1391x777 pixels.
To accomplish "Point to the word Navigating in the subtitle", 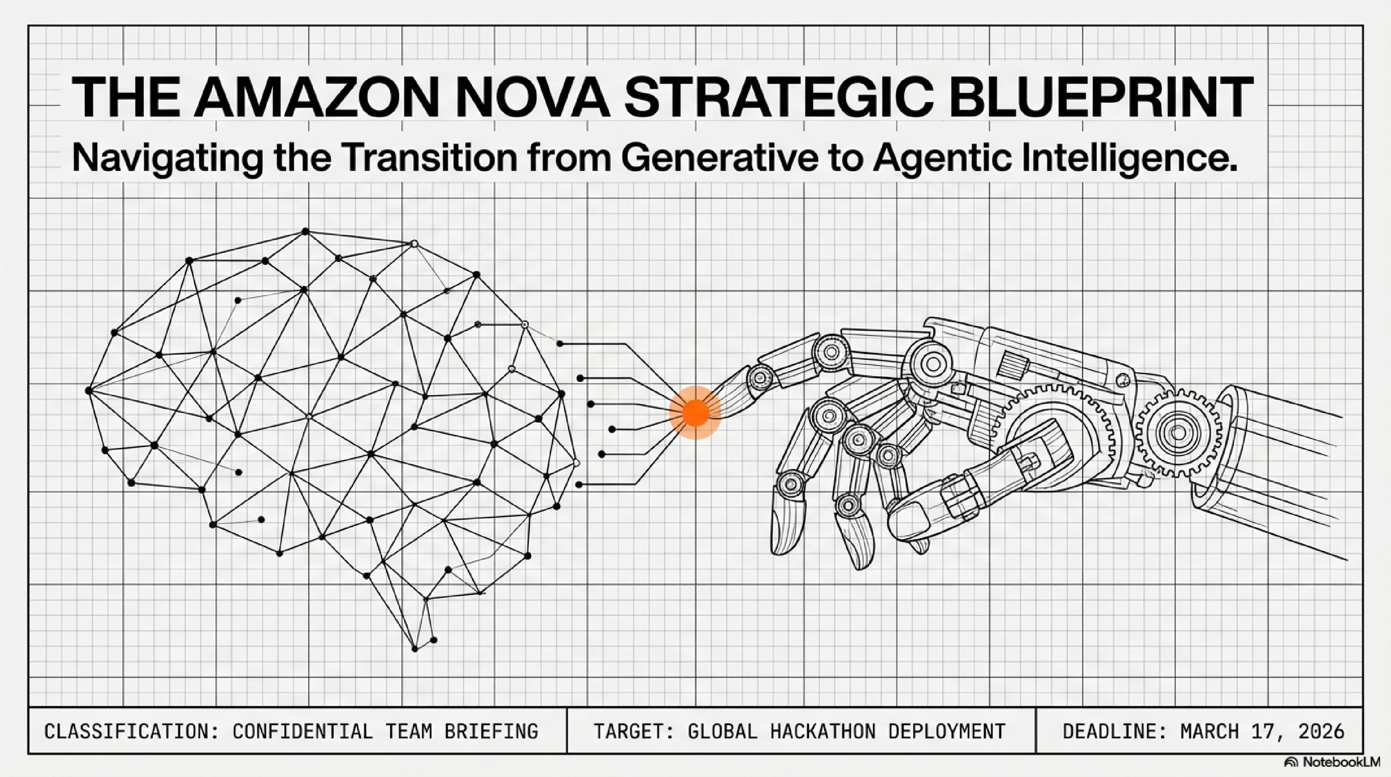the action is [168, 158].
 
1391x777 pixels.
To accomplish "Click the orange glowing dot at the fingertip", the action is [695, 412].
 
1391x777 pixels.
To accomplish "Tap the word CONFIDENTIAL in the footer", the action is [303, 731].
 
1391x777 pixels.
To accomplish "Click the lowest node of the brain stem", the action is [415, 648].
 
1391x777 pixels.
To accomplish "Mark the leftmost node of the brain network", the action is [88, 390].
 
